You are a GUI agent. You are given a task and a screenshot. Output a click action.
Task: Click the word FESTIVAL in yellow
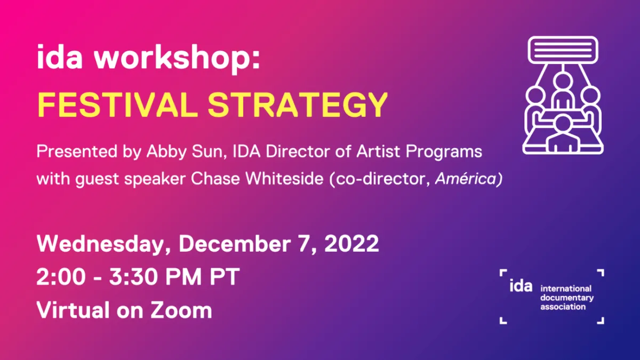click(118, 105)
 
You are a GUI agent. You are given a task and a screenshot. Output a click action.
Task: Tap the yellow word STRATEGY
click(298, 105)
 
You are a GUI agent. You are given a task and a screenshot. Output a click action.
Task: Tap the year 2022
click(351, 244)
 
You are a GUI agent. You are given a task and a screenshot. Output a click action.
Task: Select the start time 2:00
click(61, 277)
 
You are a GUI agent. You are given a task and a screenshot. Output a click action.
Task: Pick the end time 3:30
click(134, 277)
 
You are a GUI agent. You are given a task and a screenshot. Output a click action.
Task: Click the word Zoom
click(181, 310)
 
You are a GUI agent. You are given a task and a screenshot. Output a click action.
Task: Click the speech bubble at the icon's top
click(563, 50)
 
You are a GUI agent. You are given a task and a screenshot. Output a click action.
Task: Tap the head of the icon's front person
click(563, 123)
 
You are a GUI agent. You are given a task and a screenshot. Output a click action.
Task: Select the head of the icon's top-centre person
click(563, 81)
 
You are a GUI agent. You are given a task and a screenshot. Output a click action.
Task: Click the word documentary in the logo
click(567, 298)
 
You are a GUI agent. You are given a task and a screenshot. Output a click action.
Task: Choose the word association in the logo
click(563, 307)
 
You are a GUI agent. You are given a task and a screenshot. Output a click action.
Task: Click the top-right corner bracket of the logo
click(601, 273)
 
